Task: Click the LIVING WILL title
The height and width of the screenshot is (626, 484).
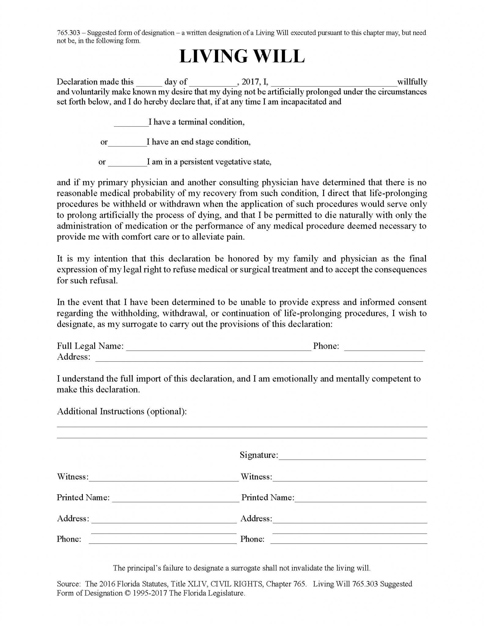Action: [x=242, y=57]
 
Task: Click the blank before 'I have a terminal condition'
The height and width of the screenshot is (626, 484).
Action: [x=131, y=123]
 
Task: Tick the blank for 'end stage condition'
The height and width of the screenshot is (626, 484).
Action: [x=127, y=143]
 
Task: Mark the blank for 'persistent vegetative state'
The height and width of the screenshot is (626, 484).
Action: [x=127, y=163]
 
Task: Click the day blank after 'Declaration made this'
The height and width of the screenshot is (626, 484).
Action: [x=149, y=83]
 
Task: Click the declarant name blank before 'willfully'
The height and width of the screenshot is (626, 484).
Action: [x=334, y=83]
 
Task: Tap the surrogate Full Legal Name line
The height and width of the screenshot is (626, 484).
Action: [x=219, y=347]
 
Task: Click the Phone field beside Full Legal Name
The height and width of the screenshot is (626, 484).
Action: [x=384, y=347]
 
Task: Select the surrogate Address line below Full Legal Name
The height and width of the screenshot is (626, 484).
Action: [x=259, y=358]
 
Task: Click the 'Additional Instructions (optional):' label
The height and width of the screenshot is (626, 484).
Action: [x=122, y=411]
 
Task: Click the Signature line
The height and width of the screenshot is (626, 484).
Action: [x=352, y=456]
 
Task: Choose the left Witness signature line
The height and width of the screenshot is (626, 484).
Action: [x=164, y=478]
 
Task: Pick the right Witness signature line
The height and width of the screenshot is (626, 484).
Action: [x=350, y=478]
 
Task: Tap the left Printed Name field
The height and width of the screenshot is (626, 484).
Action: [x=175, y=499]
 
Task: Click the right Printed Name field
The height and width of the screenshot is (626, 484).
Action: [x=360, y=499]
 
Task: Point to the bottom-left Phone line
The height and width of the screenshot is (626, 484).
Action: [x=163, y=540]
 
